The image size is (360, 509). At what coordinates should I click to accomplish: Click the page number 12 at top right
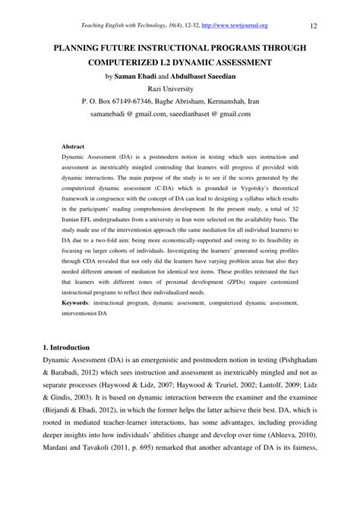[335, 27]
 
